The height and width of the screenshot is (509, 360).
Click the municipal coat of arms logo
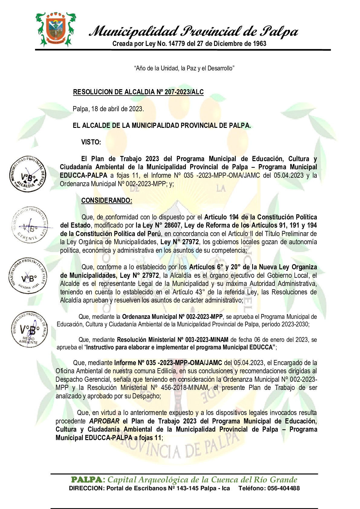pyautogui.click(x=55, y=29)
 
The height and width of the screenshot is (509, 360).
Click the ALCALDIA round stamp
pyautogui.click(x=28, y=174)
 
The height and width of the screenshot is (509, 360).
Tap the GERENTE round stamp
pyautogui.click(x=30, y=225)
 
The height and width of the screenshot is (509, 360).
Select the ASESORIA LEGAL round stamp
pyautogui.click(x=28, y=276)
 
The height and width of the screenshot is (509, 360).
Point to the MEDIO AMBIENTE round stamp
pyautogui.click(x=29, y=329)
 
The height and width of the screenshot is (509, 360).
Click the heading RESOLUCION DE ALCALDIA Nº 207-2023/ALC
pyautogui.click(x=138, y=92)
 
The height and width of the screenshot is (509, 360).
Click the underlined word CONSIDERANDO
pyautogui.click(x=106, y=200)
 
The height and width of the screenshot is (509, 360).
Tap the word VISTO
pyautogui.click(x=91, y=142)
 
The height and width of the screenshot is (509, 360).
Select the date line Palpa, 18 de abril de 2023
pyautogui.click(x=108, y=109)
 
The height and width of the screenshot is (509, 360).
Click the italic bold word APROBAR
pyautogui.click(x=104, y=421)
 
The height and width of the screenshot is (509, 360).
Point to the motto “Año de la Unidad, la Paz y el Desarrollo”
pyautogui.click(x=184, y=68)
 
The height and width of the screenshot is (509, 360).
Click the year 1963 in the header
pyautogui.click(x=259, y=44)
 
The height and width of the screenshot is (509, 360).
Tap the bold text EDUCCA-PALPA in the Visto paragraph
pyautogui.click(x=83, y=175)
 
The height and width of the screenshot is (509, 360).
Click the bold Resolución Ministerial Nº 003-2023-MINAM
pyautogui.click(x=172, y=340)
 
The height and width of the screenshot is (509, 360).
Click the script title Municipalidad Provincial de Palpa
pyautogui.click(x=194, y=31)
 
